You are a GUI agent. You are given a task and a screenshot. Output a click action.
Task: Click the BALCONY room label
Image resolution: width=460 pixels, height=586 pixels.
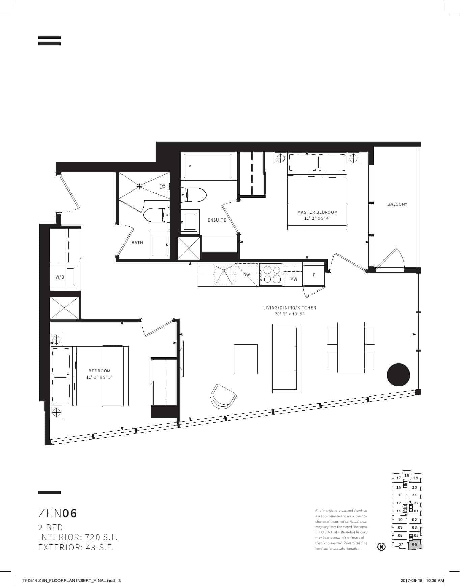pos(397,204)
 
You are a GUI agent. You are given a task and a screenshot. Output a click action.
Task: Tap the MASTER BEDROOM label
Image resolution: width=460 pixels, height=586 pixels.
pos(317,212)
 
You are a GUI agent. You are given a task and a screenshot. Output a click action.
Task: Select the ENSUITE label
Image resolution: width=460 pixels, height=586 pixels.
pos(217,220)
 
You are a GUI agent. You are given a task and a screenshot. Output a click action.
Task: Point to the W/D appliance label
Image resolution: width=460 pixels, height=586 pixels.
pos(60,277)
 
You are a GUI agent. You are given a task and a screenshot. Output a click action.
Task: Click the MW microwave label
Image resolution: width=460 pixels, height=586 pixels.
pos(294,279)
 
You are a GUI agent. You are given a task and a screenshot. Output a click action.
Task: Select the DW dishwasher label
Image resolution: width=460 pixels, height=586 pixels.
pos(247,275)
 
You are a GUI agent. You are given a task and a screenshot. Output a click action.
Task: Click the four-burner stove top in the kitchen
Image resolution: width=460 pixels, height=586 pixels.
pos(271,274)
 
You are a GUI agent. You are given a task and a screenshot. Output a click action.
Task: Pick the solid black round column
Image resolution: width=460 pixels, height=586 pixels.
pos(398,375)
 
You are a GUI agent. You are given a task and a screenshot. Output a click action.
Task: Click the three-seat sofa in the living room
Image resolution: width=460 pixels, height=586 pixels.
pos(286,358)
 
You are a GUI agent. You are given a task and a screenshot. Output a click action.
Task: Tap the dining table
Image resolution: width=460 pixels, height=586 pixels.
pos(351,347)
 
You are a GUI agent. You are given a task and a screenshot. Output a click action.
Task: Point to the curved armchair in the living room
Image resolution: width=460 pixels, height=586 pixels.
pos(223,397)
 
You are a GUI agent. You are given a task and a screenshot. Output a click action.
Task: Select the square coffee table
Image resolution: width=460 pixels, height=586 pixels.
pos(246,359)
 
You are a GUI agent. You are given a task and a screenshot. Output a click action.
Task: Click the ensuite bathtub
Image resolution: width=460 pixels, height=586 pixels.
pos(208,166)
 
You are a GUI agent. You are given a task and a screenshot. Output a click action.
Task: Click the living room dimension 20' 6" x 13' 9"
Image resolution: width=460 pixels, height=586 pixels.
pos(290,314)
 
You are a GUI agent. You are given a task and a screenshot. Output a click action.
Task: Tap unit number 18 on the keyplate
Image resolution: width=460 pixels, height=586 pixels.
pos(407,475)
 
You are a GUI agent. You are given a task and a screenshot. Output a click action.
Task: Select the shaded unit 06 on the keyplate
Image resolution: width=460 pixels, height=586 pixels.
pos(415,544)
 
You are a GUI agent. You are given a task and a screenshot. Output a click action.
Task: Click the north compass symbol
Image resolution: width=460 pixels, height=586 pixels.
pos(381,546)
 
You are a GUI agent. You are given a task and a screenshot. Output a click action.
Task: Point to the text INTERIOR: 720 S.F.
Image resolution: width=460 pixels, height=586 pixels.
pos(78,537)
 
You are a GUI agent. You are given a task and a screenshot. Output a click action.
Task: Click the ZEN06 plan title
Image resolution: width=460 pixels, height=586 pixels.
pos(58,513)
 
